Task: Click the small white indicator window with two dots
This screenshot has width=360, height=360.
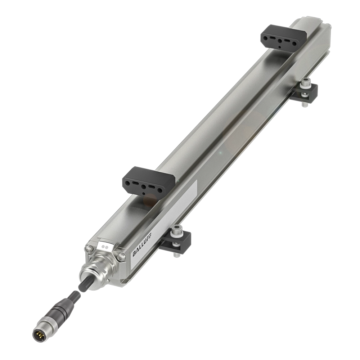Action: coord(105,247)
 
